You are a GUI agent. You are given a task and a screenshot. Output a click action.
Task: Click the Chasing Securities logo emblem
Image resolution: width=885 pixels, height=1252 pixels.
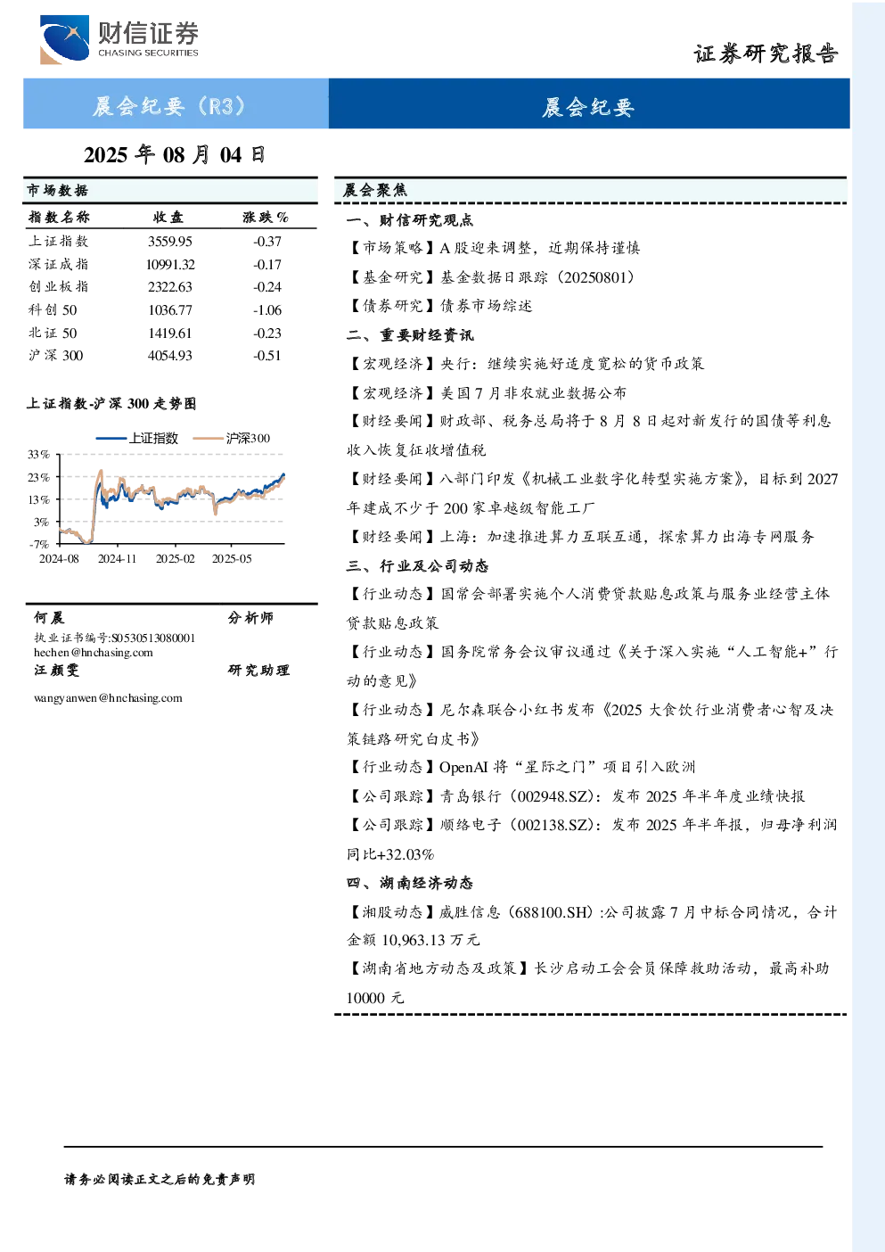[x=64, y=39]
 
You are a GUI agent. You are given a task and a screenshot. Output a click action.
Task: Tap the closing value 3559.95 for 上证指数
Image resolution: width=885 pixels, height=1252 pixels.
[x=170, y=242]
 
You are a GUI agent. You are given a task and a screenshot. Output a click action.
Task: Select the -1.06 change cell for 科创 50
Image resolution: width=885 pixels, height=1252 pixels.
[x=267, y=310]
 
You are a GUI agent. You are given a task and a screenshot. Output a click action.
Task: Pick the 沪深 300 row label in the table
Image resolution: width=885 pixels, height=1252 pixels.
[x=56, y=356]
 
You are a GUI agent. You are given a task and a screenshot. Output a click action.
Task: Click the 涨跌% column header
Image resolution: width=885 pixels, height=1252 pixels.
[x=266, y=217]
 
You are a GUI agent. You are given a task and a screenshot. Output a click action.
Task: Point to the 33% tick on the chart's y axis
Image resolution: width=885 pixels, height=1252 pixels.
[x=38, y=455]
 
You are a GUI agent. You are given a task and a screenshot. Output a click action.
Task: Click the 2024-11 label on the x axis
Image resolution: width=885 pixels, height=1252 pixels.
[x=117, y=558]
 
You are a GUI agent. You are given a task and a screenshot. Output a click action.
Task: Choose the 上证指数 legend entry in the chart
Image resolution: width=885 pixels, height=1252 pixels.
[x=137, y=438]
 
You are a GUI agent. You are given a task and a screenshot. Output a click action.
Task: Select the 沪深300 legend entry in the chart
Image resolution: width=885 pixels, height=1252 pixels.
[x=232, y=438]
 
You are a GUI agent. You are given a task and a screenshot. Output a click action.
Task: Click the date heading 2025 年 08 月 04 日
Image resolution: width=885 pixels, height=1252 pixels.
[x=175, y=155]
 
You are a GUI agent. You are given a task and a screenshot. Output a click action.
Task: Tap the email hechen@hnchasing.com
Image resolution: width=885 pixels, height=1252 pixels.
[x=94, y=652]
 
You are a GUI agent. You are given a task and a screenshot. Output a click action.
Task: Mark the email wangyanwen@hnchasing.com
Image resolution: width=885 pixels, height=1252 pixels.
[x=108, y=697]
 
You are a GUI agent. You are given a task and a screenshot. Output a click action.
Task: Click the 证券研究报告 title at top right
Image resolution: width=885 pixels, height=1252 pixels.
[x=766, y=54]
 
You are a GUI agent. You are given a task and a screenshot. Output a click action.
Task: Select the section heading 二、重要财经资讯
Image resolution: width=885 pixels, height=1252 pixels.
[x=410, y=334]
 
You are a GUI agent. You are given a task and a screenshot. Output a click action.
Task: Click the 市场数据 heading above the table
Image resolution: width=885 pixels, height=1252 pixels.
[x=57, y=191]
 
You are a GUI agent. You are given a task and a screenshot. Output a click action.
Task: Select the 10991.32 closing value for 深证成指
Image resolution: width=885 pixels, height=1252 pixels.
[x=170, y=264]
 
